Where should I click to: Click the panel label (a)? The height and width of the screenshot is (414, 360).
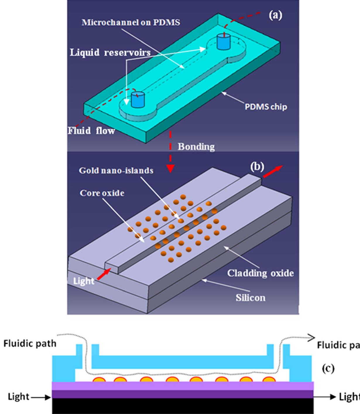275,16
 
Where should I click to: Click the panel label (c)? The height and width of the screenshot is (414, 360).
328,368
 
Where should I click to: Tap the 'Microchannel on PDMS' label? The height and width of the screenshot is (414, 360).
131,22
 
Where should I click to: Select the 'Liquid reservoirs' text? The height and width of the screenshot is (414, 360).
110,52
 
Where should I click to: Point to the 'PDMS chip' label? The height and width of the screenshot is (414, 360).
266,107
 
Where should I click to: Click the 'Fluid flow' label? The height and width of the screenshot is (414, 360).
91,131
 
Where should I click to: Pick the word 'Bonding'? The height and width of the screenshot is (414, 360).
196,146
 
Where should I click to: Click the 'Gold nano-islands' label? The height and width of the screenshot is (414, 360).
116,170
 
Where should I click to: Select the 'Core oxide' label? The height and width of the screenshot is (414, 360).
102,193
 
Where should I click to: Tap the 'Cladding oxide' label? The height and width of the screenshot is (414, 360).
260,273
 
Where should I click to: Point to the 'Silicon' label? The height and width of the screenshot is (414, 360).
251,298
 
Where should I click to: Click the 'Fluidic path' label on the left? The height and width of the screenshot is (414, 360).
30,343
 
